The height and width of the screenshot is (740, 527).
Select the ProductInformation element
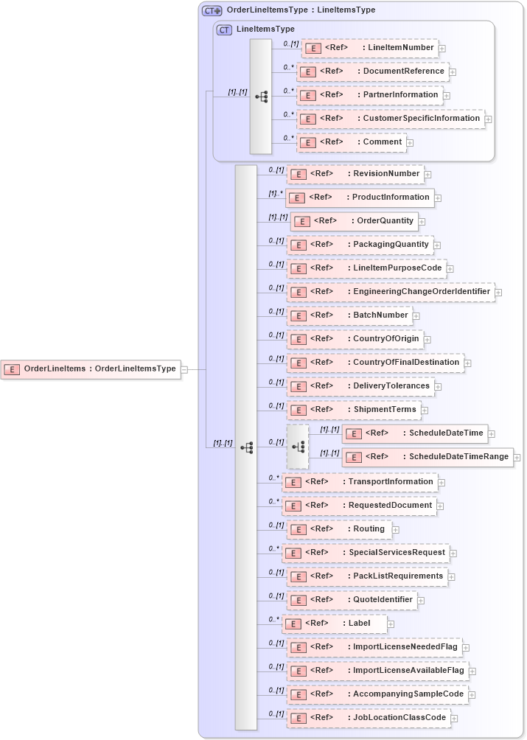[x=360, y=198]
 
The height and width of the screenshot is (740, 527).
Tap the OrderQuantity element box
[x=354, y=221]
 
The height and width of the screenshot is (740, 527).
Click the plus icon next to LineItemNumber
[x=442, y=49]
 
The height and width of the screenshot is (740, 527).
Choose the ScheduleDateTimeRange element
[x=428, y=457]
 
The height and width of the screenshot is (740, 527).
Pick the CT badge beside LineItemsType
[x=224, y=29]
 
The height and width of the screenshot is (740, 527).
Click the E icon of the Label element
[x=293, y=624]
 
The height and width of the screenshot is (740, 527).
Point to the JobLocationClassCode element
[x=368, y=718]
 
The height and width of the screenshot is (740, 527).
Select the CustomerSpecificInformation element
[x=391, y=119]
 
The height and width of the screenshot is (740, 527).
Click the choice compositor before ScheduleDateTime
[x=298, y=447]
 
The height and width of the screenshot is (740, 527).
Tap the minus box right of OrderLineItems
[x=184, y=369]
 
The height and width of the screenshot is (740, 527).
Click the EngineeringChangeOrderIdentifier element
[x=390, y=292]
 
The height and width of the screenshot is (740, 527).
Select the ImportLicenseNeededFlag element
[x=374, y=647]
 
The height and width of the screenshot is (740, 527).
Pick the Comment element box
[x=352, y=142]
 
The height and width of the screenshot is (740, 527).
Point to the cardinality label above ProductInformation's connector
[x=276, y=193]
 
